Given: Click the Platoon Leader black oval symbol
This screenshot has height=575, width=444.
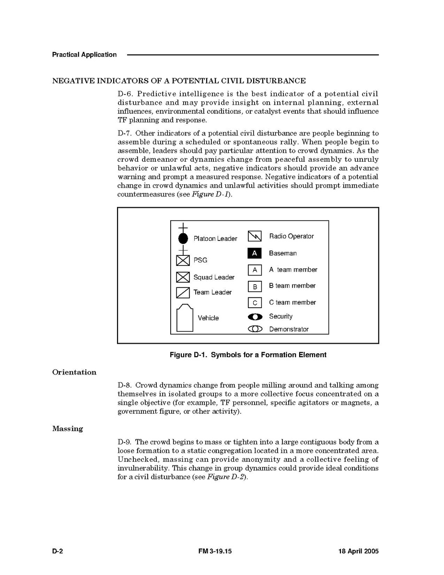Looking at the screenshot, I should pyautogui.click(x=183, y=238).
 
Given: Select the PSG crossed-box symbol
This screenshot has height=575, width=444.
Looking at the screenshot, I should pyautogui.click(x=183, y=260).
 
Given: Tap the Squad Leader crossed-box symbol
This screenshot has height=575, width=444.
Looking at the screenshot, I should pyautogui.click(x=183, y=277).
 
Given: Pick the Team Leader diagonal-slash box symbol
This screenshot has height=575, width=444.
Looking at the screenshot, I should pyautogui.click(x=183, y=292).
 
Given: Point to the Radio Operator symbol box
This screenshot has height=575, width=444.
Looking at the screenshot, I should pyautogui.click(x=255, y=236).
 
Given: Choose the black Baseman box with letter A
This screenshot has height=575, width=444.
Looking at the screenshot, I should pyautogui.click(x=255, y=253).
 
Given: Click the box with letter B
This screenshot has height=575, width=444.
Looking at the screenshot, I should pyautogui.click(x=255, y=287).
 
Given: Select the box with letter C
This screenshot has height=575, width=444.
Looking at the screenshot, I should pyautogui.click(x=255, y=303).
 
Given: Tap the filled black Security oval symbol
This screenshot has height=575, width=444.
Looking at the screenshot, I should pyautogui.click(x=255, y=317).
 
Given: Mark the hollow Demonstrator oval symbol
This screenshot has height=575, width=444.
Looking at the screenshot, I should pyautogui.click(x=255, y=329).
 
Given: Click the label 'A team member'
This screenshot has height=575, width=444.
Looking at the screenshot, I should pyautogui.click(x=293, y=270).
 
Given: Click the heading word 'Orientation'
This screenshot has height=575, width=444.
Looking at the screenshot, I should pyautogui.click(x=74, y=372).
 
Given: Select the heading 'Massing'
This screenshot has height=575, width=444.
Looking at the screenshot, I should pyautogui.click(x=68, y=429).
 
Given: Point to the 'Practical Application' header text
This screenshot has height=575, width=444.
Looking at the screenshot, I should pyautogui.click(x=84, y=55).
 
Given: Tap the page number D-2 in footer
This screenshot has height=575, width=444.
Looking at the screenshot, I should pyautogui.click(x=58, y=551).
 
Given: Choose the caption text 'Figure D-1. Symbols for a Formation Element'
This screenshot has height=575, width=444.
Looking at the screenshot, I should pyautogui.click(x=248, y=355).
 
